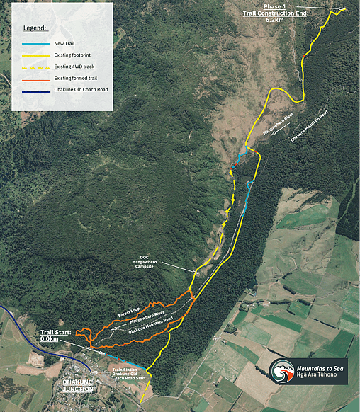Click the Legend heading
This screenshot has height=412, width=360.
click(34, 28)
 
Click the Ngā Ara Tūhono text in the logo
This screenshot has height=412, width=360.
click(322, 377)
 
